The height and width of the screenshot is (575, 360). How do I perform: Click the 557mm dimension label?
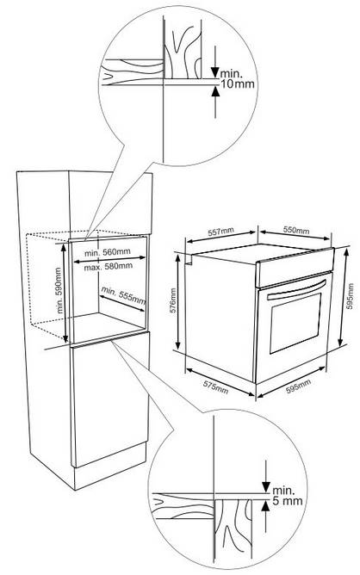pyautogui.click(x=220, y=232)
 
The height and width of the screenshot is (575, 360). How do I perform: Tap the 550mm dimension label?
pyautogui.click(x=295, y=230)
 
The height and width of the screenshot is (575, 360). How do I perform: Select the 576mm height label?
pyautogui.click(x=173, y=300)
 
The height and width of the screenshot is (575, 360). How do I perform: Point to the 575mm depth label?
pyautogui.click(x=215, y=386)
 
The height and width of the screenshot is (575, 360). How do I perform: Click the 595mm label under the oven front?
pyautogui.click(x=298, y=386)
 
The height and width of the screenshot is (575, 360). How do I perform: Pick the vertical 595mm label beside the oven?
pyautogui.click(x=350, y=296)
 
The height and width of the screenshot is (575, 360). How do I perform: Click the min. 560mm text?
pyautogui.click(x=107, y=252)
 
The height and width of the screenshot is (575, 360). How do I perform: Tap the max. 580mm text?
pyautogui.click(x=109, y=267)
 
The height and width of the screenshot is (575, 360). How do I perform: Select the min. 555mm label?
pyautogui.click(x=123, y=295)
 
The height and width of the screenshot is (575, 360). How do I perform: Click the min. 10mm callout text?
pyautogui.click(x=237, y=79)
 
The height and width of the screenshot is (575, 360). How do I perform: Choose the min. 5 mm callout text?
pyautogui.click(x=288, y=496)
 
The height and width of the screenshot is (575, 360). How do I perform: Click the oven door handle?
pyautogui.click(x=297, y=290)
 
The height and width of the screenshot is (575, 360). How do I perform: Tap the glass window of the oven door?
pyautogui.click(x=295, y=323)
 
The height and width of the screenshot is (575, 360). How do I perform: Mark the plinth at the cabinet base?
pyautogui.click(x=110, y=466)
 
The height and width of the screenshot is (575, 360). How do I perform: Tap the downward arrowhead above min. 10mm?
pyautogui.click(x=215, y=72)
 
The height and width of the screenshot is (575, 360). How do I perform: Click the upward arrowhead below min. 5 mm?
pyautogui.click(x=265, y=505)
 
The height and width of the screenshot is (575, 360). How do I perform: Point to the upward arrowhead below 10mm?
pyautogui.click(x=216, y=91)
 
